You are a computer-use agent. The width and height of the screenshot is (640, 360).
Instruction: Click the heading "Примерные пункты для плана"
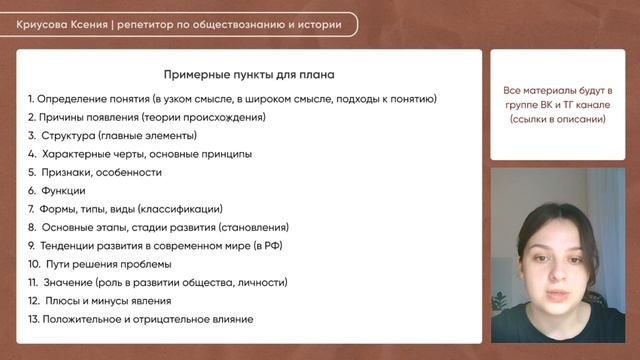click(249, 75)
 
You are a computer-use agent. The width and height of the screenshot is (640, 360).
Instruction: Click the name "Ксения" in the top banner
click(89, 24)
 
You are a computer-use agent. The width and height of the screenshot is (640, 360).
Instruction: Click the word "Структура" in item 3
click(68, 136)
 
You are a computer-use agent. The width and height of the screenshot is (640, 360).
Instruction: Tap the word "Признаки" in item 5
click(67, 172)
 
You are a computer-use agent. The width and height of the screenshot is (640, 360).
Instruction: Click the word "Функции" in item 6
click(63, 191)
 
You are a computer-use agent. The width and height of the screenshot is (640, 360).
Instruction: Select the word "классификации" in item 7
click(180, 209)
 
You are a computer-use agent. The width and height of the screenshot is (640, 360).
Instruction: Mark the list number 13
click(33, 319)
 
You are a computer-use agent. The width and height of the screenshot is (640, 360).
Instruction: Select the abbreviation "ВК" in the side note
click(546, 105)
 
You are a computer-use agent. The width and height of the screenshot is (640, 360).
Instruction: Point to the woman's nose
click(558, 269)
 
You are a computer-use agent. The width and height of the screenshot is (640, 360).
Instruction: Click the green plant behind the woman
click(500, 302)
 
